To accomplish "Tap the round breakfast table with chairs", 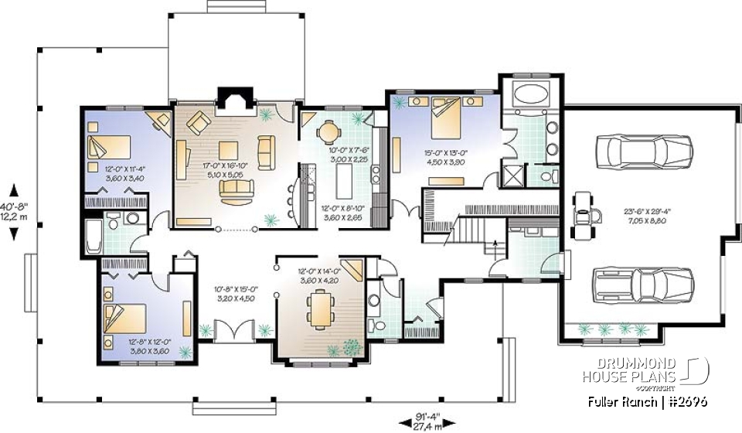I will tap(331, 129).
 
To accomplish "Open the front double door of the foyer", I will tap(229, 333).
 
